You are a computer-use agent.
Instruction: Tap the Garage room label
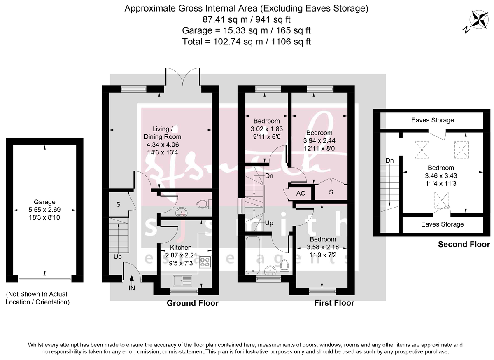(x=45, y=202)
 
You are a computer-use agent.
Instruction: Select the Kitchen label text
(x=181, y=248)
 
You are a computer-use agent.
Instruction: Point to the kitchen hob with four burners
(x=205, y=262)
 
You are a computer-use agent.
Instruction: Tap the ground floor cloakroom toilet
(x=203, y=203)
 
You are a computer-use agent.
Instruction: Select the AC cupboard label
(x=301, y=193)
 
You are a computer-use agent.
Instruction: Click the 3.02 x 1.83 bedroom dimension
(x=266, y=129)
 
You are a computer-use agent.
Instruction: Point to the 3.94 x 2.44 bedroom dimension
(x=319, y=140)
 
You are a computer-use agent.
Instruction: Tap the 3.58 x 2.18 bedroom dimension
(x=323, y=247)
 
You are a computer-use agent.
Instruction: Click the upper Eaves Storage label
(x=433, y=120)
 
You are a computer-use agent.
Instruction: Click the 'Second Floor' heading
(x=464, y=244)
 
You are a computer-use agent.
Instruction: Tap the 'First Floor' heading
(x=334, y=303)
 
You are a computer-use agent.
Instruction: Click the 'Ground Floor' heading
(x=192, y=303)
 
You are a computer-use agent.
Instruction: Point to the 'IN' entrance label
(x=132, y=288)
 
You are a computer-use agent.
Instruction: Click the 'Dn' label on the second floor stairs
(x=389, y=160)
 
